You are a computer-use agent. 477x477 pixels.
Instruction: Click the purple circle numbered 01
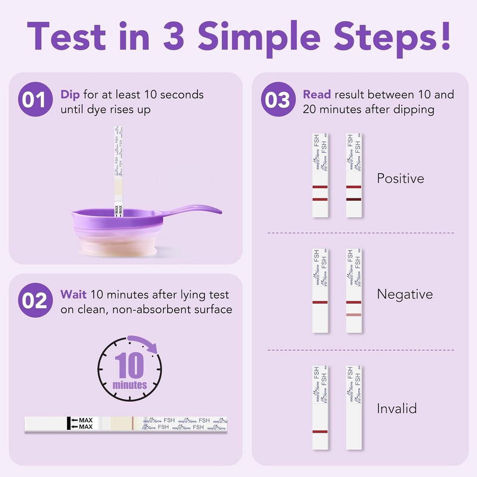[35, 99]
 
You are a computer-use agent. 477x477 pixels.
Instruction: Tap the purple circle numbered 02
[35, 300]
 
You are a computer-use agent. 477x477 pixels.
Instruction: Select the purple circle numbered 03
[278, 99]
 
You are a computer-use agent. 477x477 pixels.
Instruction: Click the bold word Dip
[70, 95]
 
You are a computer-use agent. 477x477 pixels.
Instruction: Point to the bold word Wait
[73, 295]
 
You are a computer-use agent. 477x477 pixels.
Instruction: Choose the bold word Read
[317, 95]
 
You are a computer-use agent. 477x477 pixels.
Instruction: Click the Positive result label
[400, 178]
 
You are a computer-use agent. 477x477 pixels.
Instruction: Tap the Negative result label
[404, 294]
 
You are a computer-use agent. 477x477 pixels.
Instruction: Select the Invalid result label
[396, 409]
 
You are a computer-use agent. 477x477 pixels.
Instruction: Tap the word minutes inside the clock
[129, 385]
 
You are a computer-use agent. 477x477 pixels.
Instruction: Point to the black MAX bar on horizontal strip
[68, 423]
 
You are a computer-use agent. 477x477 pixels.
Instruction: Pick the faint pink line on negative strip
[354, 315]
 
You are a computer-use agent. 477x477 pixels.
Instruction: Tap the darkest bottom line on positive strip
[354, 199]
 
